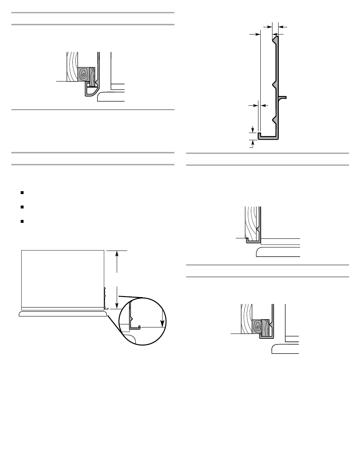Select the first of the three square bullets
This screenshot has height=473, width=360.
click(23, 193)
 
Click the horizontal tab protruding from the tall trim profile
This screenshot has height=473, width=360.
click(283, 97)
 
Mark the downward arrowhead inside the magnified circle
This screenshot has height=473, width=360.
click(163, 323)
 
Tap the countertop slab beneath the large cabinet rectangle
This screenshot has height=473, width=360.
click(63, 314)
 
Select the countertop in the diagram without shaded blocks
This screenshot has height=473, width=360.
click(279, 252)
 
